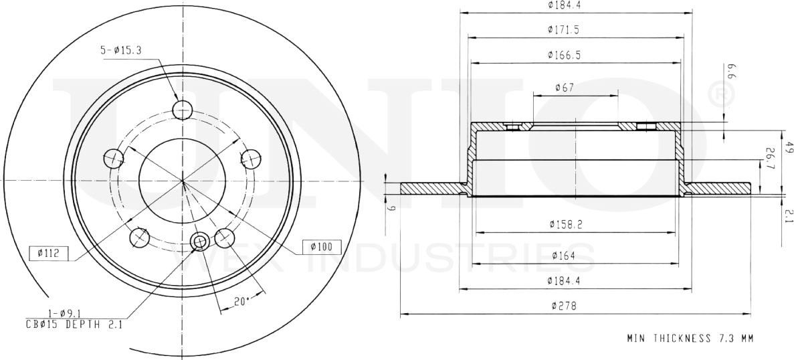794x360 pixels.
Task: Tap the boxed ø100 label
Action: (321, 247)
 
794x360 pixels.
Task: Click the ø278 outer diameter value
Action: (564, 306)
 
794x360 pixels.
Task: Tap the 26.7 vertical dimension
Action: (770, 158)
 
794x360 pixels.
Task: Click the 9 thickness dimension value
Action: (393, 209)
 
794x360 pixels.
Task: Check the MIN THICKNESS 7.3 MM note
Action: (690, 339)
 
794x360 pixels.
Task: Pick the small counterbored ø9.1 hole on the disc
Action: (199, 242)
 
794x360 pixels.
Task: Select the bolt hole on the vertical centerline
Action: (182, 109)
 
